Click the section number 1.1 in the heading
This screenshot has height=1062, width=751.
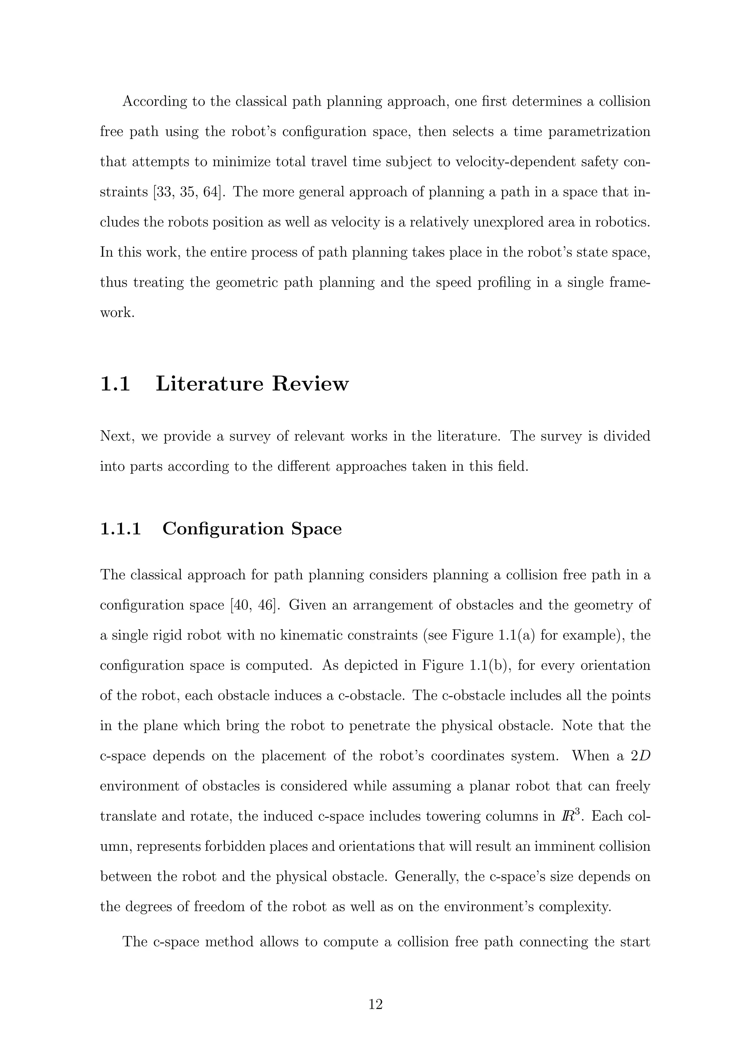(x=115, y=384)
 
